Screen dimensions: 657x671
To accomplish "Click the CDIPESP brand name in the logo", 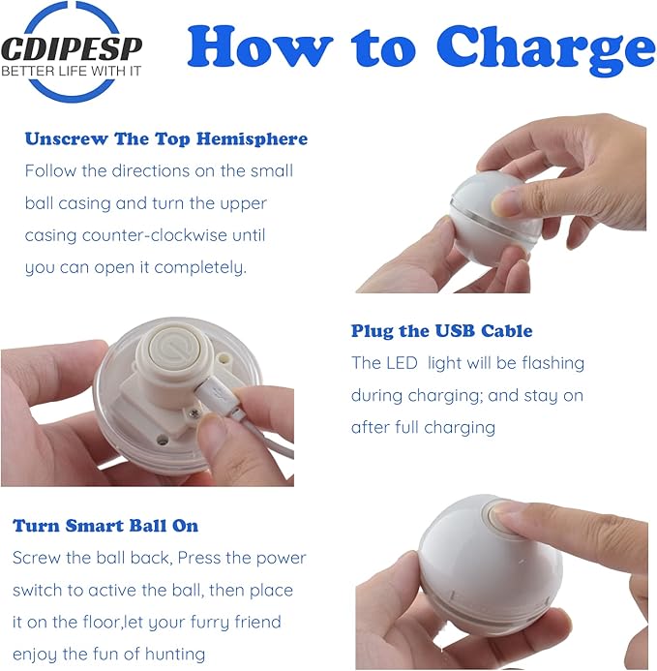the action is [x=72, y=48].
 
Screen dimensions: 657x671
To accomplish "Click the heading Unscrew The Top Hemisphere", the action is [x=166, y=139].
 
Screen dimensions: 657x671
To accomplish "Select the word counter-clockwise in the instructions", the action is [x=154, y=235].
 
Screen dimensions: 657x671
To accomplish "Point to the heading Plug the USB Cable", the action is [x=442, y=331].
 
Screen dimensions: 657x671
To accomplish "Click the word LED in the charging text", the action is [x=403, y=363].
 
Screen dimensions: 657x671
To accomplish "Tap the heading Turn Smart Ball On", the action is [x=105, y=526].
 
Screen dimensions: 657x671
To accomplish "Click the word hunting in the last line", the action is [x=175, y=655].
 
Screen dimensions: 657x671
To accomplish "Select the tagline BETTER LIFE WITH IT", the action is [x=71, y=71].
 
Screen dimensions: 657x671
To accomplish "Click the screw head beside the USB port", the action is [x=194, y=413].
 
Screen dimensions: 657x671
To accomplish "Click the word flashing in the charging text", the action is [x=553, y=363].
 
